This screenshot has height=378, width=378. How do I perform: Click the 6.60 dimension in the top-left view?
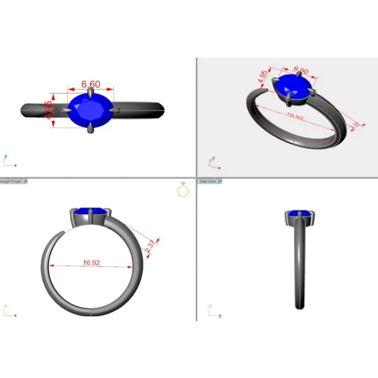90,84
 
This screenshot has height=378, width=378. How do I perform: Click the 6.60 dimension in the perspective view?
300,71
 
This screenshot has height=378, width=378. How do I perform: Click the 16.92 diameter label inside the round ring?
91,262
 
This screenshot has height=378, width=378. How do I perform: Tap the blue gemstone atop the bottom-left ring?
90,212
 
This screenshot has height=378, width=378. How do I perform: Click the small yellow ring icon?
183,190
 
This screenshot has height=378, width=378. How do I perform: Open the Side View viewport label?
208,181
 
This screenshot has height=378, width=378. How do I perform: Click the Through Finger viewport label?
12,181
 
